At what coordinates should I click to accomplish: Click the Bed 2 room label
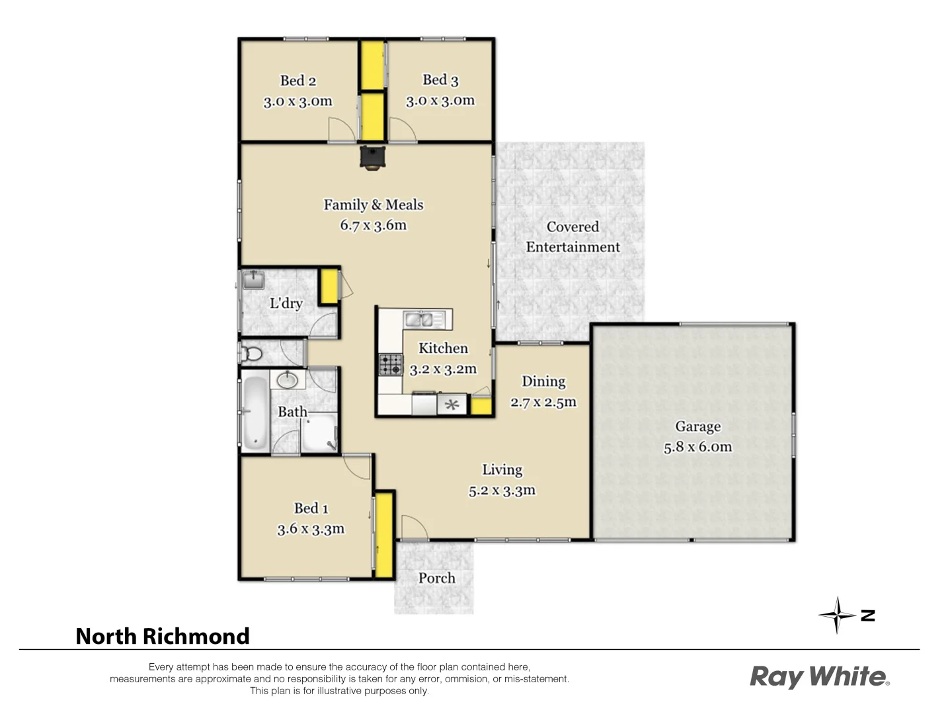click(x=297, y=81)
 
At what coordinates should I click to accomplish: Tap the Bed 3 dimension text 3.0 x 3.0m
click(x=440, y=100)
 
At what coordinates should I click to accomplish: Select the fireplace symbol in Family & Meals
click(x=372, y=157)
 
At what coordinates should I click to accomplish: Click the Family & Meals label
click(x=373, y=205)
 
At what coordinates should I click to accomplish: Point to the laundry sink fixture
click(x=253, y=280)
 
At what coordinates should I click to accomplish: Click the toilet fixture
click(x=251, y=353)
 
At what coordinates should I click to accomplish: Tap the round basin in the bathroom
click(x=287, y=379)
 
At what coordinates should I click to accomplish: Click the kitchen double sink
click(x=419, y=320)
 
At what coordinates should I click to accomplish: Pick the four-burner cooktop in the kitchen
click(x=390, y=364)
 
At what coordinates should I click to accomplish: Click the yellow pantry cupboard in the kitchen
click(x=481, y=405)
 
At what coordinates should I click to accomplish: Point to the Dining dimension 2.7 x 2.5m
click(x=543, y=402)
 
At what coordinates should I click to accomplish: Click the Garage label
click(x=697, y=426)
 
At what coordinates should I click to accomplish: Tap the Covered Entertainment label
click(x=573, y=237)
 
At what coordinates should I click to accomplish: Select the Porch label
click(x=436, y=578)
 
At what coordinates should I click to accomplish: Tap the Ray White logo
click(x=819, y=677)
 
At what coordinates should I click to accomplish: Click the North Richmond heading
click(x=163, y=636)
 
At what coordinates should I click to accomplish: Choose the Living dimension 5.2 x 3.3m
click(x=502, y=491)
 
